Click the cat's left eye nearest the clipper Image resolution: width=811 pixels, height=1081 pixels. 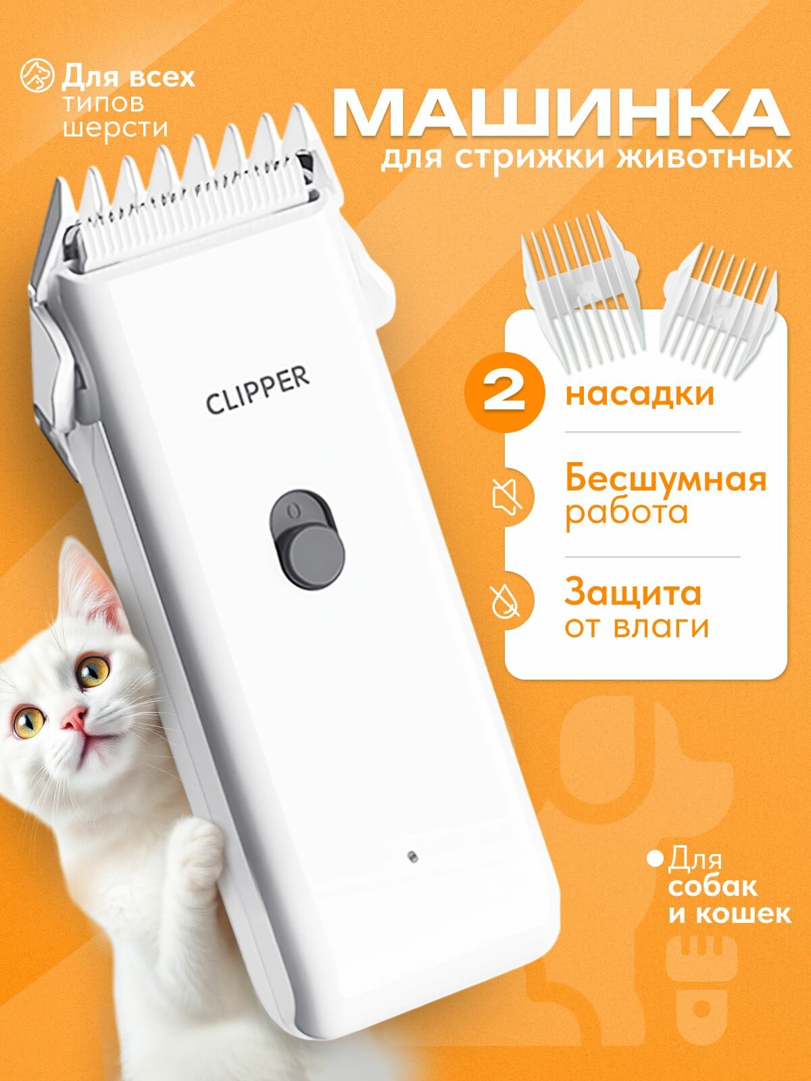click(x=94, y=670)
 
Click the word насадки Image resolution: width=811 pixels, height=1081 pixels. click(x=639, y=394)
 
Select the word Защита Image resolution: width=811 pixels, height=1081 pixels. click(x=633, y=593)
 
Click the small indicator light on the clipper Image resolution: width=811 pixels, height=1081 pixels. click(x=411, y=855)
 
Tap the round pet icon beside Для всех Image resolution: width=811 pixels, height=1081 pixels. click(x=38, y=76)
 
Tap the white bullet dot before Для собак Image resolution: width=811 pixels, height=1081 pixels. click(x=654, y=860)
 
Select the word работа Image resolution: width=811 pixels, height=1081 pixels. click(x=626, y=512)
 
